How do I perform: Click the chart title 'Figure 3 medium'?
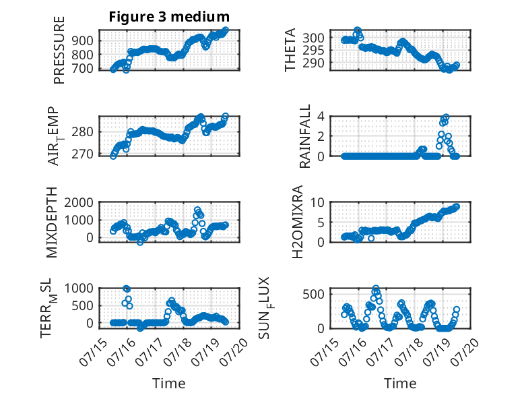(x=169, y=17)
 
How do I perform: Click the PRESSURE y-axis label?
(x=59, y=50)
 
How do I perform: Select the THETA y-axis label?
(x=290, y=50)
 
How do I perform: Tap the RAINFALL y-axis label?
(x=305, y=135)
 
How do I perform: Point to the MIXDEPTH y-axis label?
(x=51, y=222)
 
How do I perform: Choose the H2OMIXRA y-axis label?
(x=297, y=222)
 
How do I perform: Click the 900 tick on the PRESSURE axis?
(x=83, y=41)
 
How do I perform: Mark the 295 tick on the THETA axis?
(x=313, y=50)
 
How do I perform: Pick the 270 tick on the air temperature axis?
(x=83, y=154)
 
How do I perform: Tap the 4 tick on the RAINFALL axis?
(x=321, y=117)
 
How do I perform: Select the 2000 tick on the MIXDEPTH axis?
(x=79, y=202)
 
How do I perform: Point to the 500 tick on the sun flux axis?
(x=313, y=295)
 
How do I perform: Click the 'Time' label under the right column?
(x=400, y=384)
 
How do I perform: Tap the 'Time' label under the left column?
(x=169, y=384)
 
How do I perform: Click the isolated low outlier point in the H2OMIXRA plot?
(x=371, y=238)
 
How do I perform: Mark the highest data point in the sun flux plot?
(x=376, y=288)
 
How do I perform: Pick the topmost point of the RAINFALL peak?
(x=446, y=117)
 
